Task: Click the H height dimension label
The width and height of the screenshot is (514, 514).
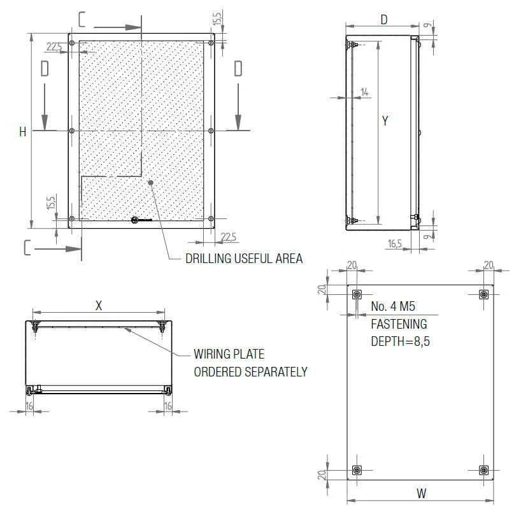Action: (x=23, y=132)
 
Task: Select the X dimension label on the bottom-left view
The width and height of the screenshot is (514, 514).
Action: (x=99, y=305)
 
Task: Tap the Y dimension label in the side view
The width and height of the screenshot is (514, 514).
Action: (x=385, y=120)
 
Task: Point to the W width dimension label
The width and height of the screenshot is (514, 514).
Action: (x=422, y=493)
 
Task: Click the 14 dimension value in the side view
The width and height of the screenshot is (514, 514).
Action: (x=364, y=92)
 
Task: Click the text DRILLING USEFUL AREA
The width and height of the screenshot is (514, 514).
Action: (x=243, y=259)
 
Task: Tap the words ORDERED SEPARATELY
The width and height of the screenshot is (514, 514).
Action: (x=250, y=371)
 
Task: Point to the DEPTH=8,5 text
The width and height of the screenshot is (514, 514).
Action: (x=400, y=341)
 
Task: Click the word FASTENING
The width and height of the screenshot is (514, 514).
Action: (x=399, y=324)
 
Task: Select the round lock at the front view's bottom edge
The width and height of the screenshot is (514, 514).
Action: (x=135, y=220)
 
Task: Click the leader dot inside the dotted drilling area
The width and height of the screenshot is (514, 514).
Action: (x=151, y=183)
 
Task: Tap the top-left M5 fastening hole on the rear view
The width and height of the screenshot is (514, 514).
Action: (x=357, y=294)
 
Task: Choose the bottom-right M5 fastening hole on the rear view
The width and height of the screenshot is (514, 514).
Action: (x=483, y=470)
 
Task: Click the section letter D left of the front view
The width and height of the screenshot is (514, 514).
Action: (x=45, y=69)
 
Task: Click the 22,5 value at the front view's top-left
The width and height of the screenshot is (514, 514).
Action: (x=55, y=46)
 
